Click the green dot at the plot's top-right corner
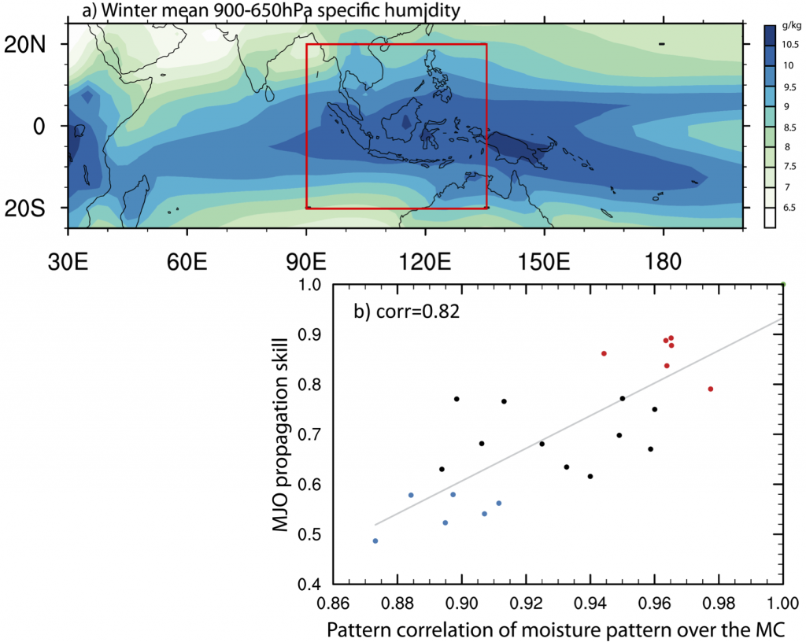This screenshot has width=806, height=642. point(783,284)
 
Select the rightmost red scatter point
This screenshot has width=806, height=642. point(710,389)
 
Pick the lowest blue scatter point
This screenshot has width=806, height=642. point(375,541)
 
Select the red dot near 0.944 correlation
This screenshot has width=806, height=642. point(604,353)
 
